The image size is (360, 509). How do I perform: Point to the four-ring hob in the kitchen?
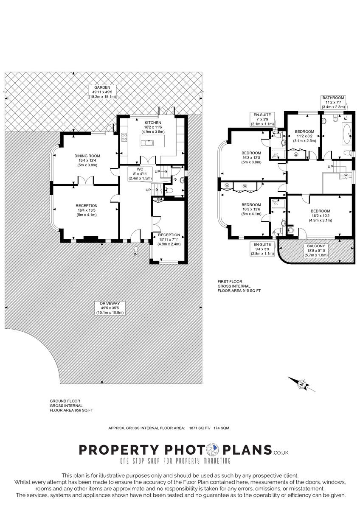125,137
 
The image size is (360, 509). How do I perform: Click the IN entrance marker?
136,255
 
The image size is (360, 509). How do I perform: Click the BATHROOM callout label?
333,102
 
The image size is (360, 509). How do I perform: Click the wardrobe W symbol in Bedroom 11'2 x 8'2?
296,154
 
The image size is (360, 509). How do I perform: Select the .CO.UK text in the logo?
281,453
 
